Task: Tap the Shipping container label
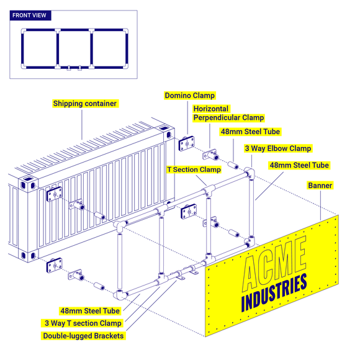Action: pos(85,104)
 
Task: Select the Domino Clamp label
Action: pos(190,96)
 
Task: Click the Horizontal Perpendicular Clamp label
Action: pos(228,113)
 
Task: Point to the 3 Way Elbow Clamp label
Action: pos(277,148)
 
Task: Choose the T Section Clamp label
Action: pos(194,169)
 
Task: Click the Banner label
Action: pos(320,186)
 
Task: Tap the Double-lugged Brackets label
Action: pos(83,336)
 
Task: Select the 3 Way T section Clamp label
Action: pos(83,323)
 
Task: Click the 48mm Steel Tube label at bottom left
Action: pos(90,310)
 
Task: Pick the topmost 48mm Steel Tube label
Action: pos(250,132)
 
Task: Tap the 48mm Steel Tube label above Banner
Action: pos(299,165)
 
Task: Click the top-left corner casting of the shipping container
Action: pos(25,184)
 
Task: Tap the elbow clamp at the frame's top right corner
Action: pos(251,173)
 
